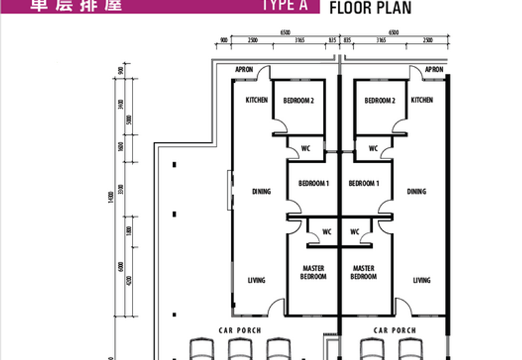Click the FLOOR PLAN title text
370,8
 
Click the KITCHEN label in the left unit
256,100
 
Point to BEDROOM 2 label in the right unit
380,100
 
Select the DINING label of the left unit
261,192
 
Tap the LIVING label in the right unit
422,280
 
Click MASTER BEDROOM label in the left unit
313,273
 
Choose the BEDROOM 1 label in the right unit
364,184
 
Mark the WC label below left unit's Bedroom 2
305,149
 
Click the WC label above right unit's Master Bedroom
355,232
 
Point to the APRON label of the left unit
244,70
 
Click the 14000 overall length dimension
112,196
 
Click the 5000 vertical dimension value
130,120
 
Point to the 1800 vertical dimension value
130,231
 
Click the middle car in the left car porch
239,349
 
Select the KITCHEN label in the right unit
422,100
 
